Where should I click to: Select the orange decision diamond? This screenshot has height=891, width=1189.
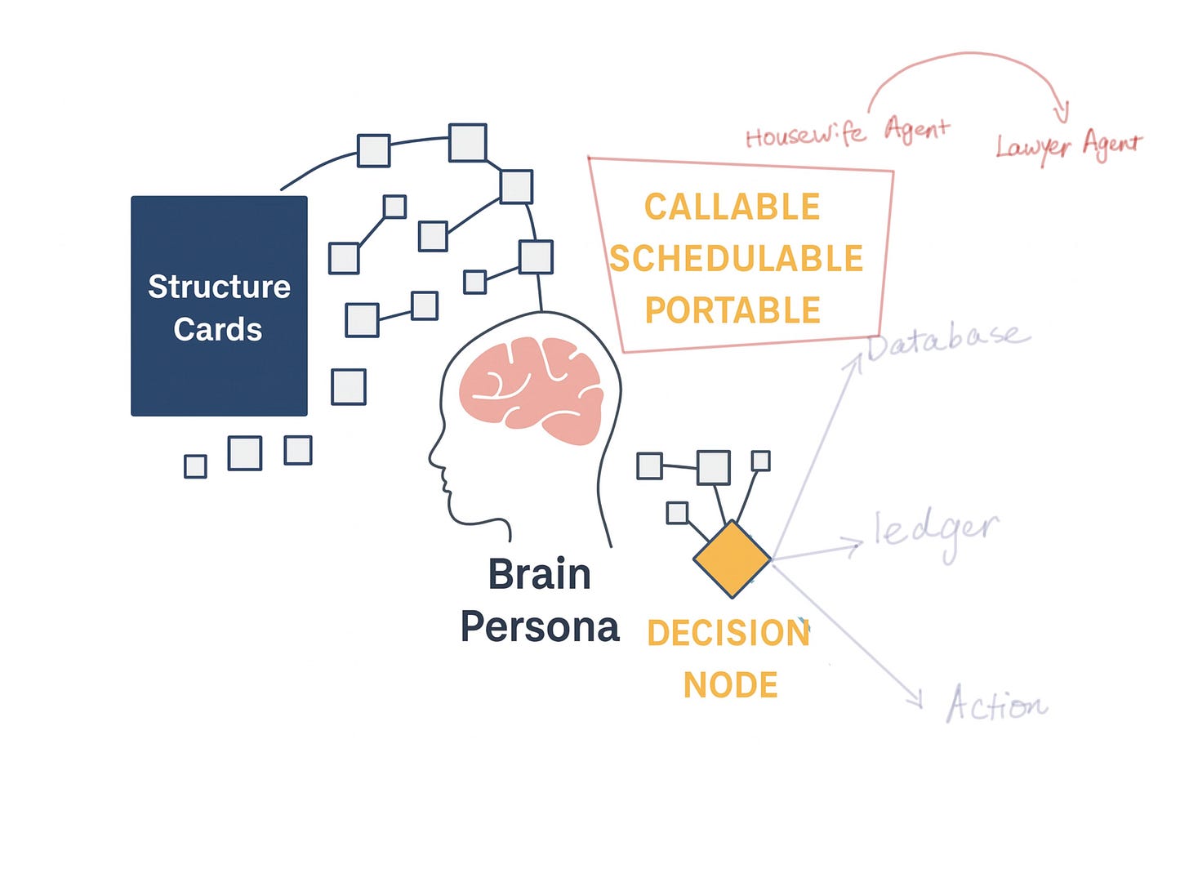tap(732, 559)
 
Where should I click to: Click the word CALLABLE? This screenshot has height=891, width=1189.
tap(732, 207)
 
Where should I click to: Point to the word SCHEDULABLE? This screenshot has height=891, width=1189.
tap(736, 259)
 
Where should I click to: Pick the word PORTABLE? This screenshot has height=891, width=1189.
tap(733, 310)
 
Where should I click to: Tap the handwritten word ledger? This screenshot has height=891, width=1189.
tap(936, 533)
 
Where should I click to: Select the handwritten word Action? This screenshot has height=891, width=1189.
tap(996, 704)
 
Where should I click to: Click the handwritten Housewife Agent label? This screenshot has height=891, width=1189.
tap(847, 133)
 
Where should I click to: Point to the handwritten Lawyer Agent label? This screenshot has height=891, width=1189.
tap(1068, 145)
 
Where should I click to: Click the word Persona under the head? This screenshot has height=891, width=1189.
tap(540, 627)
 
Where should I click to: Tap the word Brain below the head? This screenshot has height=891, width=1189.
tap(539, 574)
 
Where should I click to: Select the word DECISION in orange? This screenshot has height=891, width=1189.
tap(728, 633)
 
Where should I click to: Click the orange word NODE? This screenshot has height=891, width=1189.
tap(730, 685)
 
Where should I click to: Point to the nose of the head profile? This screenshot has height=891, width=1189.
tap(432, 457)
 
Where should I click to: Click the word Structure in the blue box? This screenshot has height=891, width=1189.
tap(219, 287)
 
